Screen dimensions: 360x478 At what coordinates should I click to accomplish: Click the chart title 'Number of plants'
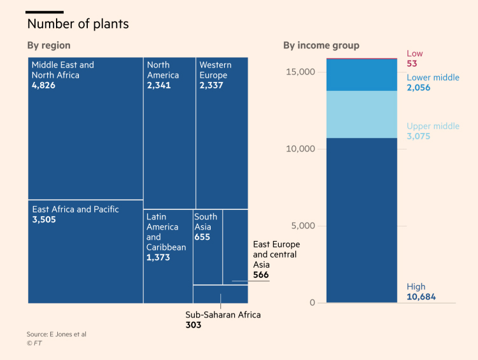pyautogui.click(x=78, y=24)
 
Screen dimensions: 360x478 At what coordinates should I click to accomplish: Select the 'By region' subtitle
pyautogui.click(x=48, y=45)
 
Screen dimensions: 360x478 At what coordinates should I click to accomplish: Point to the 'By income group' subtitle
pyautogui.click(x=321, y=45)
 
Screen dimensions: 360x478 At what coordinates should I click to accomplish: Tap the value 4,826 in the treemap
pyautogui.click(x=43, y=85)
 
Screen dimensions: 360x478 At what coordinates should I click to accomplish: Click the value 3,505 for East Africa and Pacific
pyautogui.click(x=44, y=219)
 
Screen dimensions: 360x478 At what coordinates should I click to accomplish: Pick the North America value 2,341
pyautogui.click(x=158, y=85)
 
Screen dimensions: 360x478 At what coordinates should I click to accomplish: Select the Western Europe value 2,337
pyautogui.click(x=211, y=85)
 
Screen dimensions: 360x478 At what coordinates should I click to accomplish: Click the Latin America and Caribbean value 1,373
pyautogui.click(x=158, y=258)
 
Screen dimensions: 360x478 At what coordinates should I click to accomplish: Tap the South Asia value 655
pyautogui.click(x=202, y=237)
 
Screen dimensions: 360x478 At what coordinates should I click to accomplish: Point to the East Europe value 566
pyautogui.click(x=261, y=275)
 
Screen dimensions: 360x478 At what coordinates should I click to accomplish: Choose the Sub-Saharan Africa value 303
pyautogui.click(x=193, y=325)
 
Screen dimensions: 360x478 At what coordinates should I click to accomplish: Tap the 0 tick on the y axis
pyautogui.click(x=313, y=303)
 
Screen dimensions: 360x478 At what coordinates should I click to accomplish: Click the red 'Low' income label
pyautogui.click(x=414, y=53)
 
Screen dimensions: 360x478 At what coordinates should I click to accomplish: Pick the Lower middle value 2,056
pyautogui.click(x=418, y=88)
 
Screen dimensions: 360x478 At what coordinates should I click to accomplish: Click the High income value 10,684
pyautogui.click(x=421, y=297)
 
